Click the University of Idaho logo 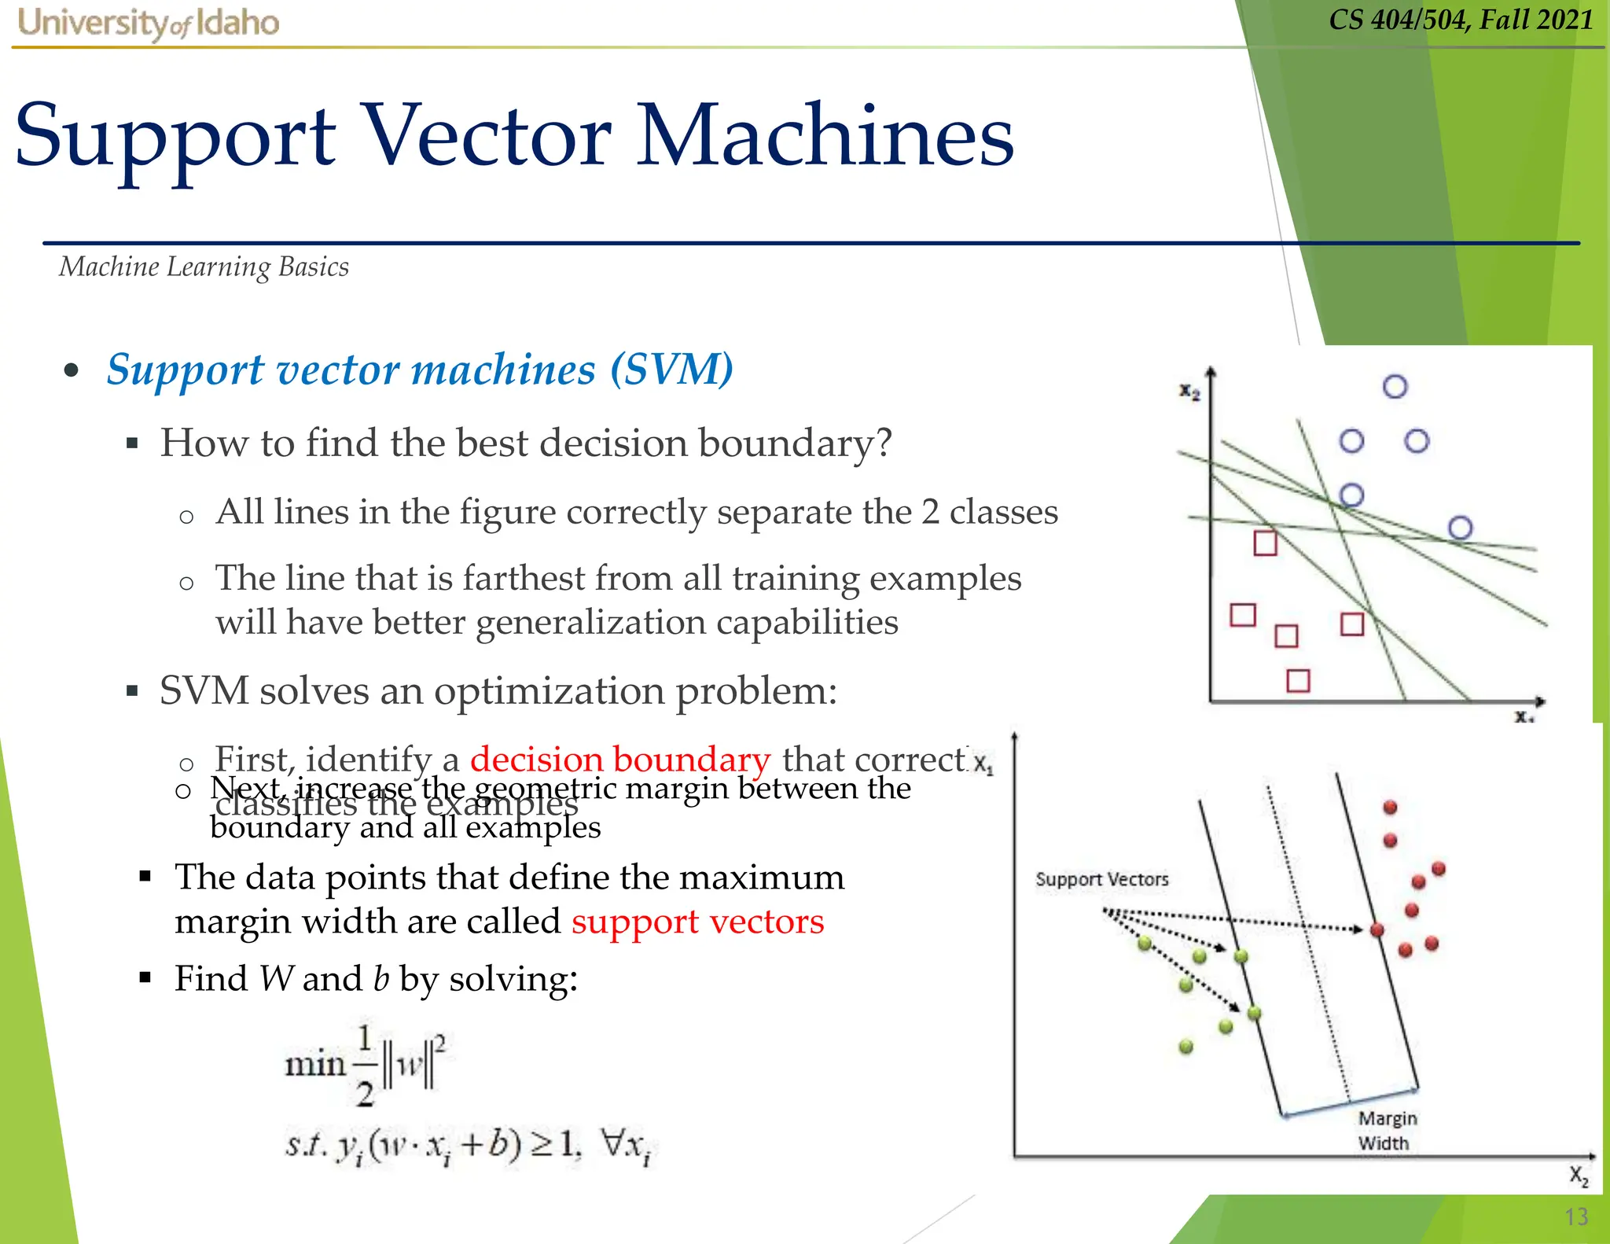pyautogui.click(x=148, y=24)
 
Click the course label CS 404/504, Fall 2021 pyautogui.click(x=1461, y=19)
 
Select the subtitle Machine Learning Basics pyautogui.click(x=204, y=267)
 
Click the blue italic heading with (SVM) pyautogui.click(x=420, y=369)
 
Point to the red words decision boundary pyautogui.click(x=619, y=759)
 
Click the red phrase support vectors pyautogui.click(x=697, y=921)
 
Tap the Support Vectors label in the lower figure pyautogui.click(x=1101, y=879)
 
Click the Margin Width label pyautogui.click(x=1387, y=1130)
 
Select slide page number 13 pyautogui.click(x=1576, y=1216)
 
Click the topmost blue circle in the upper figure pyautogui.click(x=1395, y=386)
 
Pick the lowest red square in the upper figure pyautogui.click(x=1298, y=680)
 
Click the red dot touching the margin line pyautogui.click(x=1377, y=930)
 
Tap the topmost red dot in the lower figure pyautogui.click(x=1390, y=808)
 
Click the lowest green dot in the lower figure pyautogui.click(x=1186, y=1047)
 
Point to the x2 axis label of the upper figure pyautogui.click(x=1189, y=391)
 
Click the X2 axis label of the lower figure pyautogui.click(x=1579, y=1176)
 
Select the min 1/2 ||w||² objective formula pyautogui.click(x=366, y=1065)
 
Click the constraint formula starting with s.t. pyautogui.click(x=469, y=1146)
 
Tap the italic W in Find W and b pyautogui.click(x=275, y=979)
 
